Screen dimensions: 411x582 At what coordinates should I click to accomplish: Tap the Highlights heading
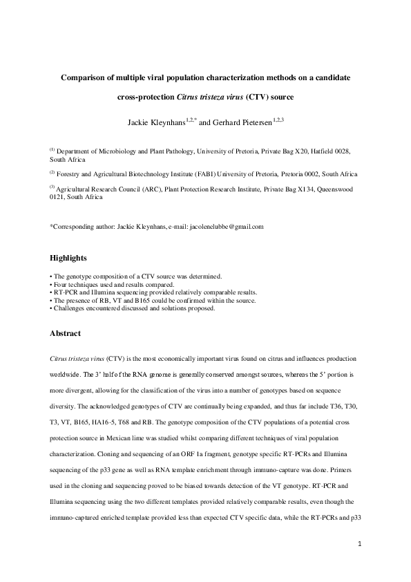point(69,258)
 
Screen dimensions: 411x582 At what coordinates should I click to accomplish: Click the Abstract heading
point(66,333)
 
